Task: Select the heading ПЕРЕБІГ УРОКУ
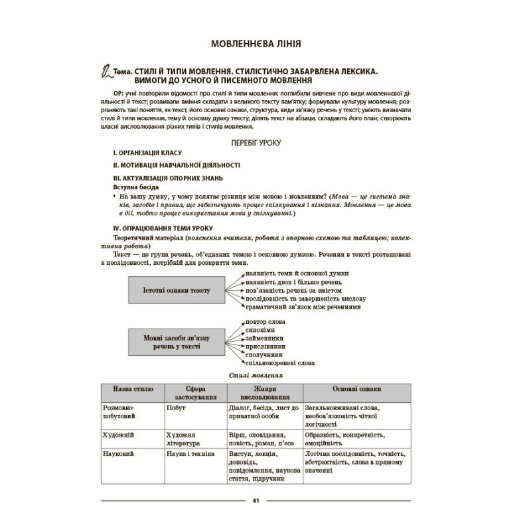[x=256, y=143]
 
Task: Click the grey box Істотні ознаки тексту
[x=176, y=291]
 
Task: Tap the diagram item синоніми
[x=250, y=329]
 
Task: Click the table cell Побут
[x=176, y=407]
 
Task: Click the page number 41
[x=256, y=500]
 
